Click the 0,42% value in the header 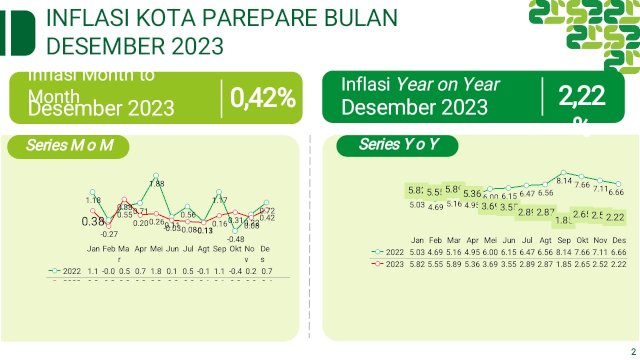(x=263, y=98)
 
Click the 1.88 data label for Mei (x=157, y=184)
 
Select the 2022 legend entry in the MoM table (x=69, y=271)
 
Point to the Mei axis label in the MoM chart (x=158, y=248)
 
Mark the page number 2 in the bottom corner (x=633, y=349)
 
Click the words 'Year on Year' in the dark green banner (x=448, y=84)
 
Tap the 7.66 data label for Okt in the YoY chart (x=583, y=185)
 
